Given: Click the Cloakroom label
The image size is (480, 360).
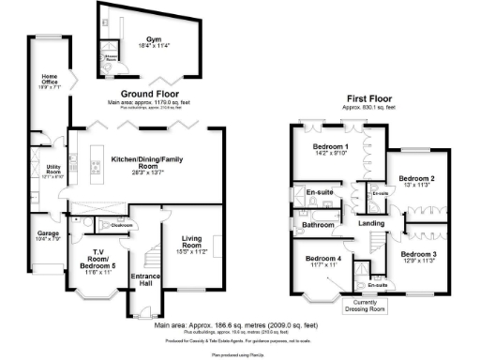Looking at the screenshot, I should coord(123,225).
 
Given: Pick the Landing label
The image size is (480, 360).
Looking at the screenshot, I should coord(372,222).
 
